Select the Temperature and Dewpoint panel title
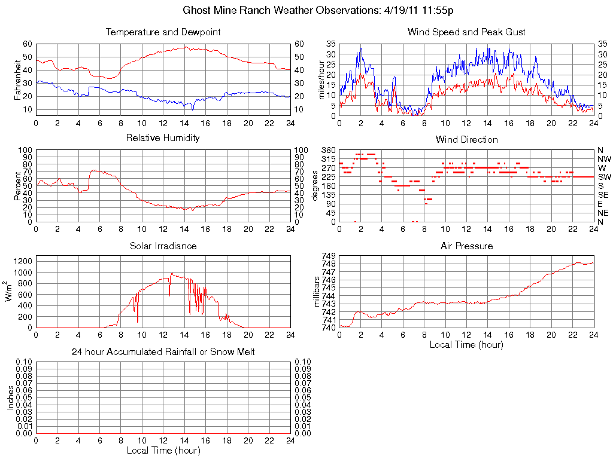click(x=163, y=32)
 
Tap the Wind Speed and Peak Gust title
click(x=466, y=32)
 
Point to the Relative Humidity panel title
click(x=163, y=138)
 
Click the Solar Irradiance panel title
click(x=163, y=246)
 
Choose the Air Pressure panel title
click(x=466, y=246)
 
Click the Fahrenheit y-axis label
click(x=18, y=79)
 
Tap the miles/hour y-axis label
click(x=321, y=79)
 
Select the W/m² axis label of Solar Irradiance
click(x=10, y=291)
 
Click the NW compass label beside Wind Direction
click(x=604, y=159)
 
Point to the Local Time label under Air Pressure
click(x=466, y=344)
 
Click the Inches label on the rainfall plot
click(x=10, y=397)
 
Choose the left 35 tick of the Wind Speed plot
click(x=331, y=44)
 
